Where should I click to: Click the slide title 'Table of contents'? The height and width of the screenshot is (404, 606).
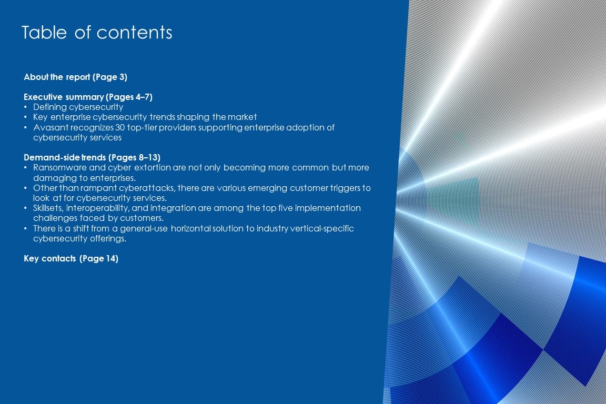coord(97,33)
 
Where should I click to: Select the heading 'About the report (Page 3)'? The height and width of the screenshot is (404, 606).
coord(75,77)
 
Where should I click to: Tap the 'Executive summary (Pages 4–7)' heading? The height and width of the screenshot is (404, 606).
coord(88,97)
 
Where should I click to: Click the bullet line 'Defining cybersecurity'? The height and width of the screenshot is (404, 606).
coord(78,107)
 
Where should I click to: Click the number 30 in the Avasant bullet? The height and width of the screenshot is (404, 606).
coord(120,128)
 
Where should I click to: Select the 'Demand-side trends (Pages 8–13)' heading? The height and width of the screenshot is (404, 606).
coord(92,158)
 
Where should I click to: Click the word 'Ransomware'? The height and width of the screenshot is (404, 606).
coord(60,168)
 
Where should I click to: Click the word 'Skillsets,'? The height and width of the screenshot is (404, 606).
coord(48,208)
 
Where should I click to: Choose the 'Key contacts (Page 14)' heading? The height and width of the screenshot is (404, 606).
coord(71,259)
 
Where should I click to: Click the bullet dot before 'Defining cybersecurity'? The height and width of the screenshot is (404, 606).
coord(25,107)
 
